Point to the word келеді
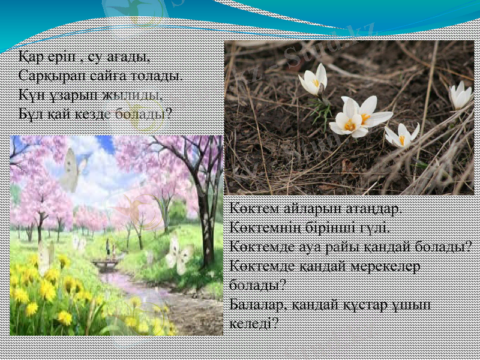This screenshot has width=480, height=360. (253, 323)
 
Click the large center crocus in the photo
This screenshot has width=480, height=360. (357, 117)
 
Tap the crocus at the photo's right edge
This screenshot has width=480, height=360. (461, 95)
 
